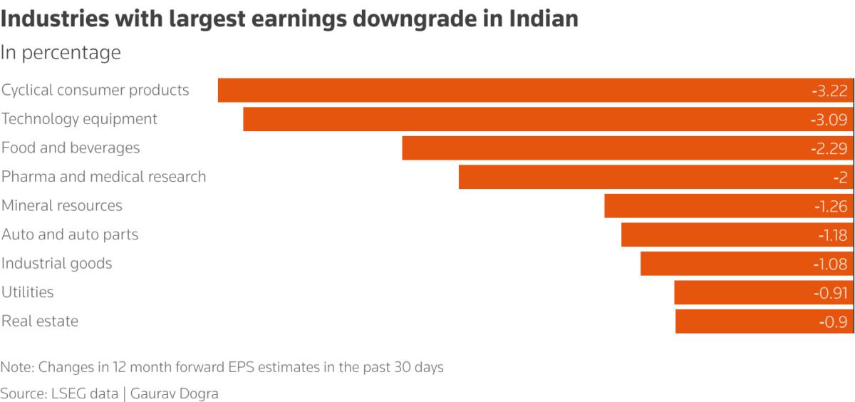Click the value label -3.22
(x=829, y=91)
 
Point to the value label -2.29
(x=829, y=148)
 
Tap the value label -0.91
(x=830, y=293)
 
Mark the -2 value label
(x=839, y=177)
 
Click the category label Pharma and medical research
(x=104, y=176)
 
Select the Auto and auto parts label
(x=70, y=234)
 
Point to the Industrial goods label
(x=57, y=263)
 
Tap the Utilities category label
(x=28, y=292)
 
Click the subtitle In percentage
(x=61, y=53)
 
